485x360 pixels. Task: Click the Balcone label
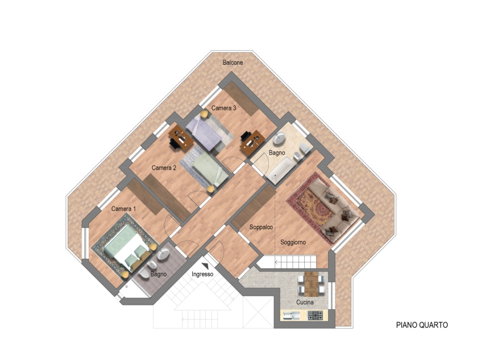click(233, 63)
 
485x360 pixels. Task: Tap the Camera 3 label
click(223, 108)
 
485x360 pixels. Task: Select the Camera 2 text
click(164, 168)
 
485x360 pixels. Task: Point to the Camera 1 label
click(123, 209)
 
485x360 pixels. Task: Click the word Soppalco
click(261, 227)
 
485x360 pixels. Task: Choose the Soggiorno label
click(293, 242)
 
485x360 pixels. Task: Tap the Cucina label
click(305, 302)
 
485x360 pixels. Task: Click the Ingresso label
click(202, 274)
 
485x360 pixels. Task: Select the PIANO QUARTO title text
click(422, 325)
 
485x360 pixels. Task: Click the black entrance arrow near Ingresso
click(205, 266)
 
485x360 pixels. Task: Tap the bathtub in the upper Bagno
click(280, 170)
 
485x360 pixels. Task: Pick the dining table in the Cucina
click(311, 284)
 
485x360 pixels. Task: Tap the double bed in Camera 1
click(127, 248)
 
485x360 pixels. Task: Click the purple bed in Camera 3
click(205, 134)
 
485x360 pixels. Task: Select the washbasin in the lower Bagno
click(163, 254)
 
